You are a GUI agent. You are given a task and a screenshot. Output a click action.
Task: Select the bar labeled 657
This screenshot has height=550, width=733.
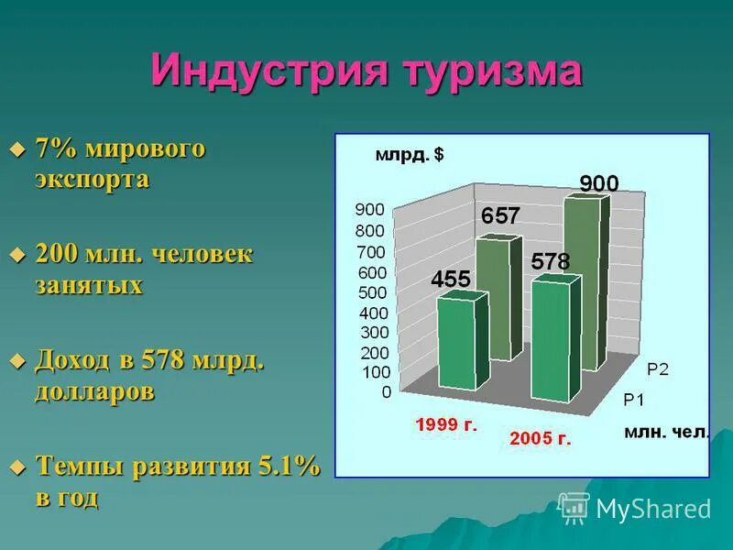pos(498,293)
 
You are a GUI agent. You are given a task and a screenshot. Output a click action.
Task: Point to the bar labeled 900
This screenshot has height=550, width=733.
pos(586,275)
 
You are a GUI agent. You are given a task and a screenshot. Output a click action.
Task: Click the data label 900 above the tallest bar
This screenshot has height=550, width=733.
pos(599,183)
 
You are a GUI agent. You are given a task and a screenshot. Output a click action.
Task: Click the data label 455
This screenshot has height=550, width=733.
pos(451,279)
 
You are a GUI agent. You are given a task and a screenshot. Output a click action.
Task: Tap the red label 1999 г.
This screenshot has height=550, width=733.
pos(446,424)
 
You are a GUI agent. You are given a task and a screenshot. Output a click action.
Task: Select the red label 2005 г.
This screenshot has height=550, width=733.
pos(541,438)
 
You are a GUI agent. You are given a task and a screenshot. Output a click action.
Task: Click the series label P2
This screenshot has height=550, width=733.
pos(658,368)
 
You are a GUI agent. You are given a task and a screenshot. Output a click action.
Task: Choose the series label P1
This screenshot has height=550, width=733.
pos(635,399)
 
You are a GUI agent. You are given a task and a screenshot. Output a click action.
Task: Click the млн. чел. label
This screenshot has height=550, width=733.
pos(667,432)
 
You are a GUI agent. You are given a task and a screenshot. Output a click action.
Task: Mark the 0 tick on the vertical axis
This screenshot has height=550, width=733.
pos(386,392)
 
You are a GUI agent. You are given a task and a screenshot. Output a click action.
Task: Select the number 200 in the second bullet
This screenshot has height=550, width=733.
pos(57,254)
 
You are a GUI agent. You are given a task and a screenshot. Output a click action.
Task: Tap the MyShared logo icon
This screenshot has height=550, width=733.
pos(574,507)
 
